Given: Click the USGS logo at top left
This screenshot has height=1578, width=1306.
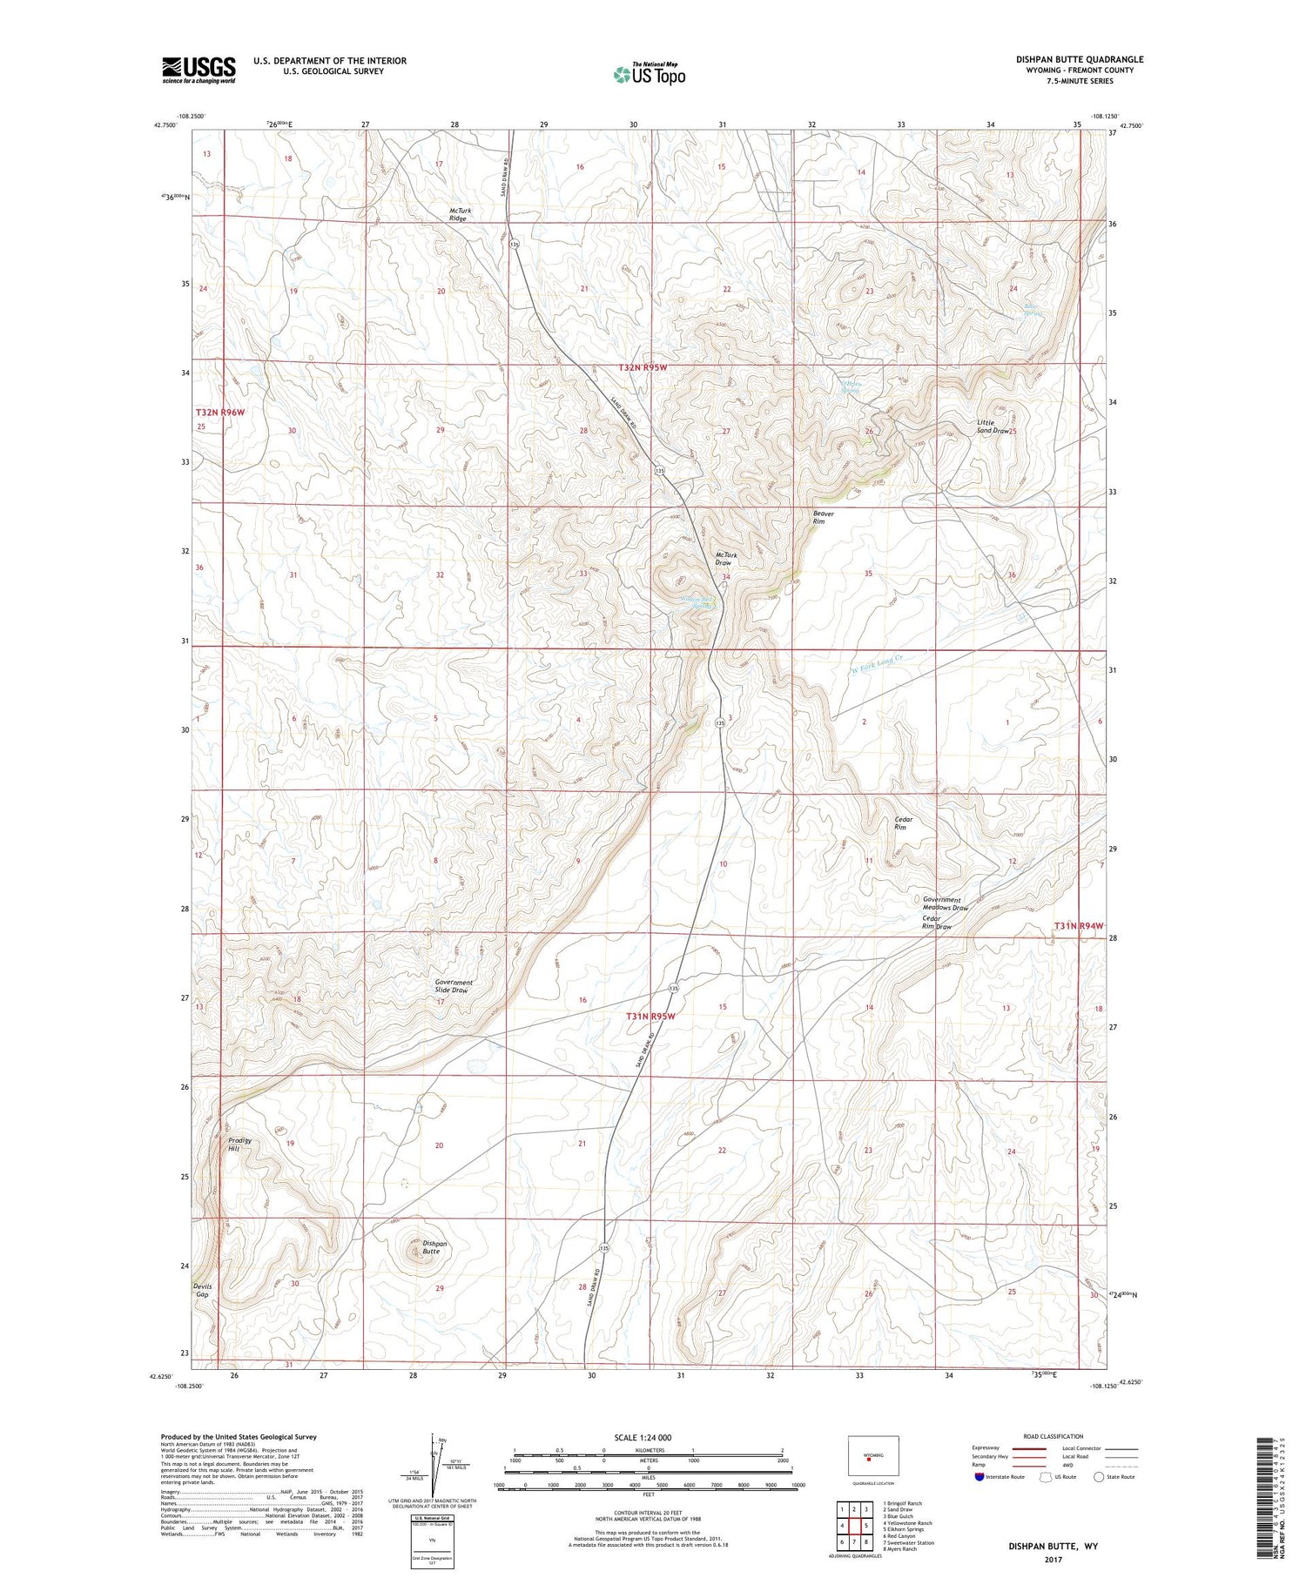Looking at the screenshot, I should pos(199,70).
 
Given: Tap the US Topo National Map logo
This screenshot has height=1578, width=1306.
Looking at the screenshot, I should pos(649,75).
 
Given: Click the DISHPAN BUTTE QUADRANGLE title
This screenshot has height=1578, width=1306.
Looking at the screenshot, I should pos(1079,59).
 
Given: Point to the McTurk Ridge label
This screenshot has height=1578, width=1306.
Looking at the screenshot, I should pos(458,214).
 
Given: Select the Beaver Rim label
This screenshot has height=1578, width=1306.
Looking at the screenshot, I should pos(823,517).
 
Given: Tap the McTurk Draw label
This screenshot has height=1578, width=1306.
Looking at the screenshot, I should pos(724,559).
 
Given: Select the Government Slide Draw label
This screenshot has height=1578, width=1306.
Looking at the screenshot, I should pos(454,986).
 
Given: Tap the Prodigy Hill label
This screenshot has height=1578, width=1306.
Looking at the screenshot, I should pos(239,1144).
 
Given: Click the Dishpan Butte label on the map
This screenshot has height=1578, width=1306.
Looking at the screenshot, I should pos(434,1247).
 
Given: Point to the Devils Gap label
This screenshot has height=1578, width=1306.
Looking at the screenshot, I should pos(202,1290).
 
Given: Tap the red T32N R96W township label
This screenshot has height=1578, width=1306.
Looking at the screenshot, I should pos(219,412).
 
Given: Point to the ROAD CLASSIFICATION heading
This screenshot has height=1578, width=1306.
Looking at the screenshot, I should pos(1054,1436).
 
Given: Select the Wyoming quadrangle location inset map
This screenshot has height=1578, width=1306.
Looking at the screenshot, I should pos(872,1455).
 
